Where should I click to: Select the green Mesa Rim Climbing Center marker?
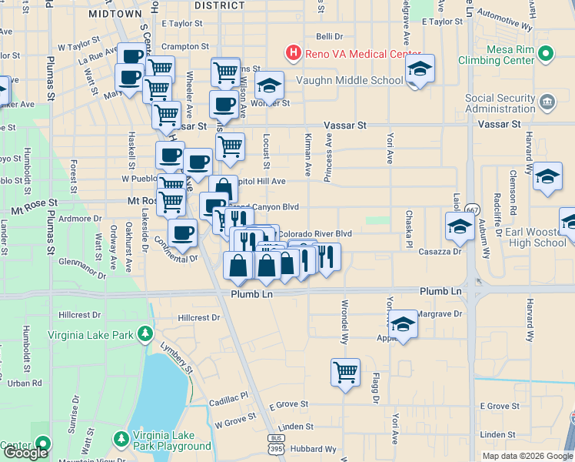tap(546, 53)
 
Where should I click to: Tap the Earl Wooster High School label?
tap(526, 238)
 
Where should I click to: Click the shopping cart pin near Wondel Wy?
tap(345, 373)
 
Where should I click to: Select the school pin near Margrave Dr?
tap(403, 323)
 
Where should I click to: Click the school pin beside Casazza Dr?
tap(459, 226)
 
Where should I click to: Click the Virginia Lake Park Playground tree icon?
tap(121, 439)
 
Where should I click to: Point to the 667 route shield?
tap(472, 210)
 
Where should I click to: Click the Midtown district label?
tap(115, 14)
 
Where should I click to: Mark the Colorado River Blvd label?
tap(315, 233)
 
